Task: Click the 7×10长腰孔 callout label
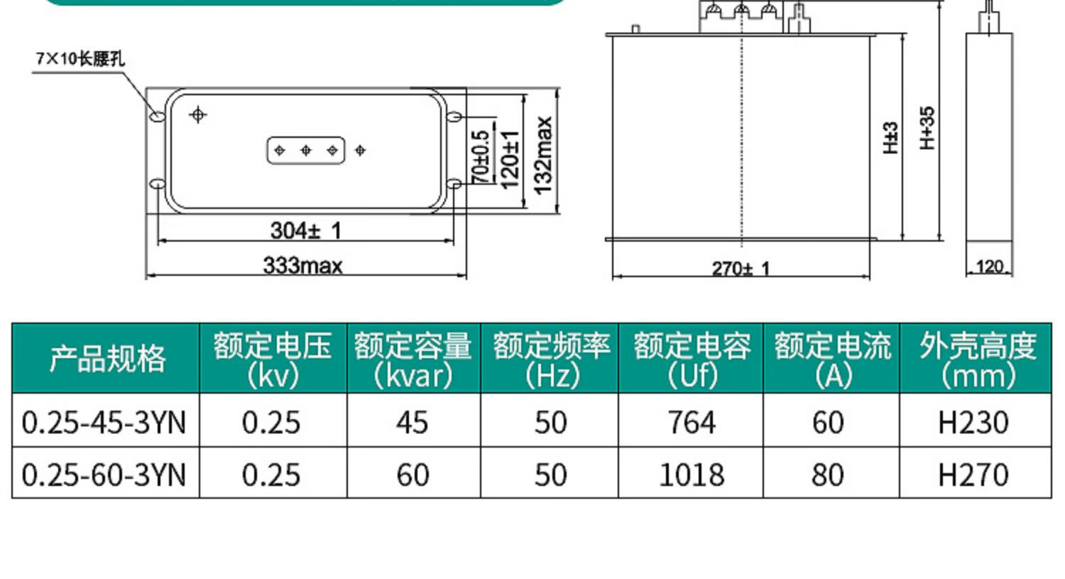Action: (80, 58)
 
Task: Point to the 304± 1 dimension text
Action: (306, 230)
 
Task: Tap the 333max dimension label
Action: (303, 266)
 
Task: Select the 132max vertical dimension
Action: (543, 155)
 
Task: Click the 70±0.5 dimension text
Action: (481, 156)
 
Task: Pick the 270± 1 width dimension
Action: (741, 269)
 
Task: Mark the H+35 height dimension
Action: (927, 128)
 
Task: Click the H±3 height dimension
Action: (890, 138)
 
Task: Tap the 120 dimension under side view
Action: (989, 266)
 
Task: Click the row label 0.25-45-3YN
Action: (104, 423)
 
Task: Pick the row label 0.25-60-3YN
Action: (104, 475)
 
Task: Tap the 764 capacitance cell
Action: (692, 423)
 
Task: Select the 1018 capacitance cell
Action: (692, 475)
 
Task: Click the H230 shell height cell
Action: (973, 423)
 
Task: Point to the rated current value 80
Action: (828, 475)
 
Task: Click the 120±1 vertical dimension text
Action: (510, 159)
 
